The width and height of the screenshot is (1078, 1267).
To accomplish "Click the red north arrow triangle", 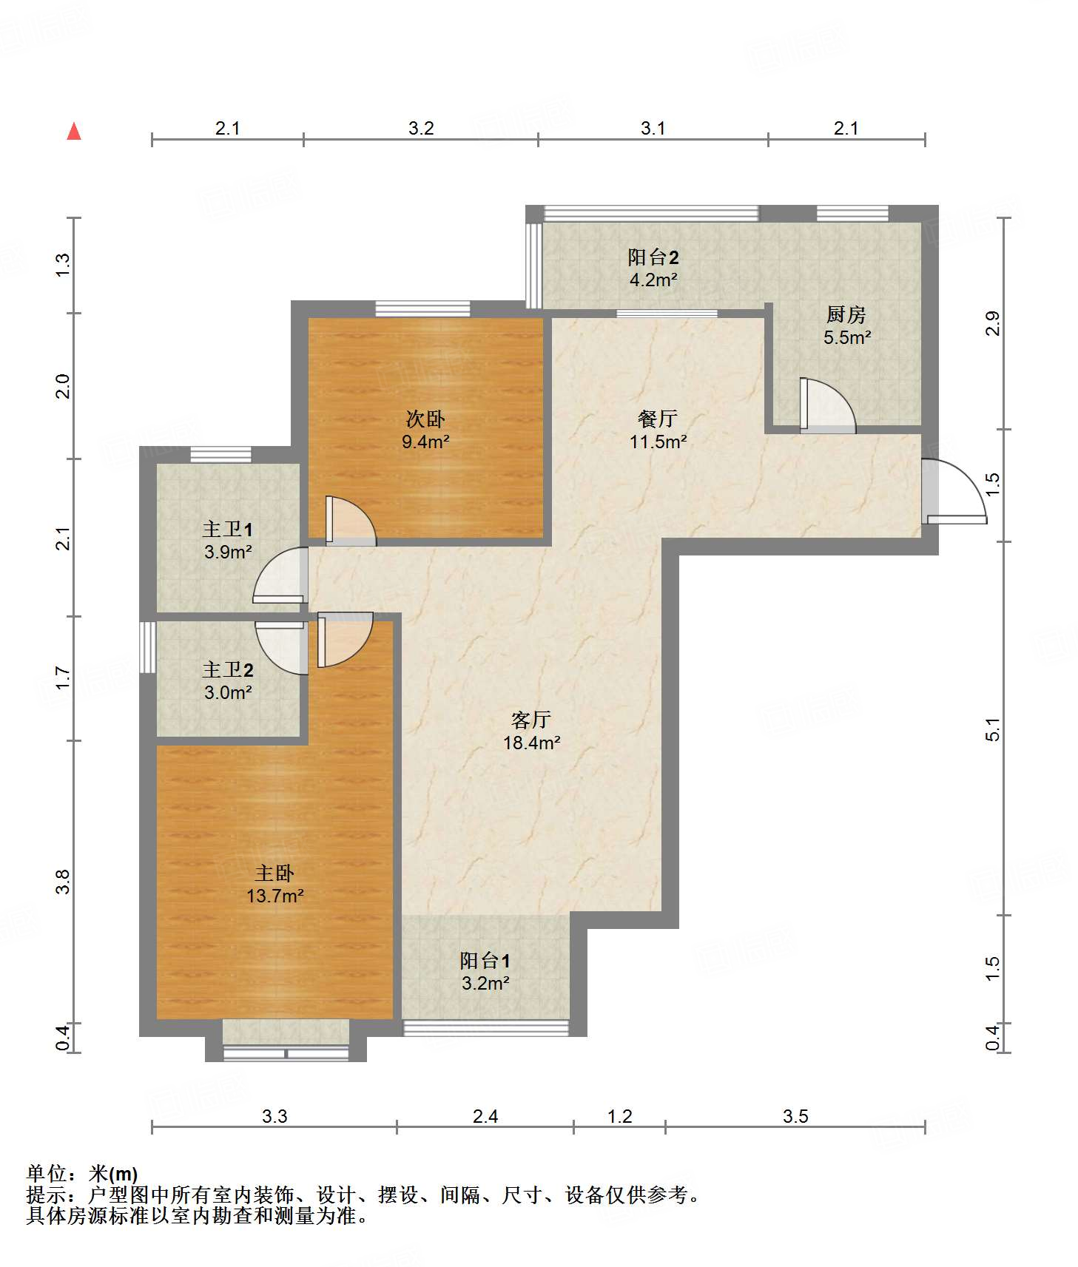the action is click(74, 131).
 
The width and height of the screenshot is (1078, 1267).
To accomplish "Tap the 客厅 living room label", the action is click(531, 720).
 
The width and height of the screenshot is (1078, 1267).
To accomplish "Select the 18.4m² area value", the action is click(532, 743).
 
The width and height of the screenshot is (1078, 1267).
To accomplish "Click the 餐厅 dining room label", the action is click(658, 419).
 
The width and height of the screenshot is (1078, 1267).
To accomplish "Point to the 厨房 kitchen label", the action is click(846, 314).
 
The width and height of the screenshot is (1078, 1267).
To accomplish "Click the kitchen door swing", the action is click(828, 405).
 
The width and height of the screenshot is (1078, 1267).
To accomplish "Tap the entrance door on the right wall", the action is click(954, 492).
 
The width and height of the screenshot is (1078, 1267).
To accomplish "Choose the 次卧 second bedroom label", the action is click(425, 419).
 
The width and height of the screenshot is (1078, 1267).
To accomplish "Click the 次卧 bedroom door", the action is click(351, 521).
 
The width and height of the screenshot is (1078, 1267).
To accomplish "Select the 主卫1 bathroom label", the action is click(228, 529).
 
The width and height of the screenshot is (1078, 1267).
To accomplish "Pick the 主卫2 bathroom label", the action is click(228, 669).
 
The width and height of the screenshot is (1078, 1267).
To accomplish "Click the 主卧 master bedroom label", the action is click(275, 873).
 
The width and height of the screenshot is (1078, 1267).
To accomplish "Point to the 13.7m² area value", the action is click(275, 896).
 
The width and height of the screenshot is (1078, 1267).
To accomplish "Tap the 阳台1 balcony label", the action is click(485, 960).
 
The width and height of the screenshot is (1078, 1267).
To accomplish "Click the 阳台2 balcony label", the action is click(653, 257).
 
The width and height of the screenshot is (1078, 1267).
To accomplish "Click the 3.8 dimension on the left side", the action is click(63, 882).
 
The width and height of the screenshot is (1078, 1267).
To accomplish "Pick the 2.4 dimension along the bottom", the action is click(485, 1116).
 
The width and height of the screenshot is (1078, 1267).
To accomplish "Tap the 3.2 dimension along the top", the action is click(421, 128).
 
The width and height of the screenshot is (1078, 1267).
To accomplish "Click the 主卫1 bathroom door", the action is click(280, 575).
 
